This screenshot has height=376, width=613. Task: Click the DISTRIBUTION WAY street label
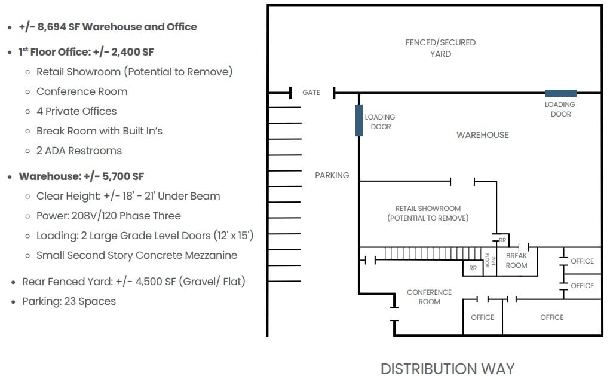(x=447, y=368)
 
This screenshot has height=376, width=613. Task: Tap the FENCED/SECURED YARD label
(x=440, y=48)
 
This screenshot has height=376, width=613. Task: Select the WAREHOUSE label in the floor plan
(x=482, y=135)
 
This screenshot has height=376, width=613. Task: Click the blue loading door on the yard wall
(x=560, y=93)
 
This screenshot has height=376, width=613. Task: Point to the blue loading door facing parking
(x=359, y=120)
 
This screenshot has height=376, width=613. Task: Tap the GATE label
(x=311, y=93)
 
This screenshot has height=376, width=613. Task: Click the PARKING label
(x=332, y=175)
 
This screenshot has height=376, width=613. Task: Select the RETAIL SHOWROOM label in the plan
(x=428, y=213)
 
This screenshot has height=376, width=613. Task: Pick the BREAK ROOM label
(x=516, y=261)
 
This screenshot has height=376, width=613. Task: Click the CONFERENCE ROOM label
(x=429, y=296)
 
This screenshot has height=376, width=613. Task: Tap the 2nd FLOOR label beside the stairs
(x=488, y=261)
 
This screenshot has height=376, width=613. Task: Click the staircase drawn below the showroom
(x=430, y=253)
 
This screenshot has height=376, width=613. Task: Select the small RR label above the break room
(x=502, y=240)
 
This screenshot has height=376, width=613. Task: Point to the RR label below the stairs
(x=473, y=268)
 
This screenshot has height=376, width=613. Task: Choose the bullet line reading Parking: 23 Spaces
(x=69, y=301)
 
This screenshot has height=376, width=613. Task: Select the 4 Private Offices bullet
(x=76, y=111)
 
